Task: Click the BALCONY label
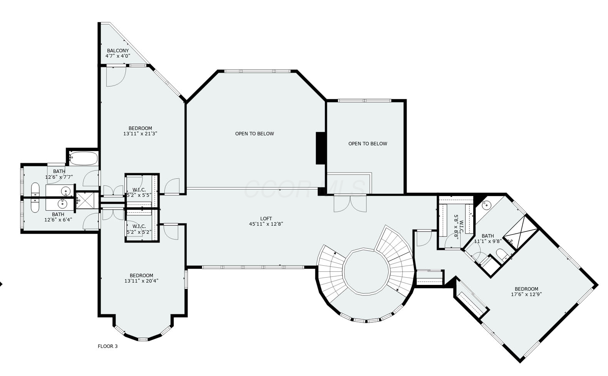(x=118, y=51)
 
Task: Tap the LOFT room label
(x=266, y=218)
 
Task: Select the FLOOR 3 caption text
(x=107, y=346)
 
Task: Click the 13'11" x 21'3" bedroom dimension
(x=140, y=134)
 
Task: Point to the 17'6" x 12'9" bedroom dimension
(x=526, y=294)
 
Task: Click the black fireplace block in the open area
(x=321, y=148)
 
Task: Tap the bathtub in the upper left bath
(x=83, y=158)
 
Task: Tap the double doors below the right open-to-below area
(x=350, y=203)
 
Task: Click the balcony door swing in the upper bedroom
(x=116, y=76)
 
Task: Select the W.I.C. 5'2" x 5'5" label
(x=139, y=192)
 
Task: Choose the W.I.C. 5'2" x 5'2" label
(x=139, y=230)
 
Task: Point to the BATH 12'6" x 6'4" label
(x=58, y=217)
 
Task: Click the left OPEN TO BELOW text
(x=255, y=134)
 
